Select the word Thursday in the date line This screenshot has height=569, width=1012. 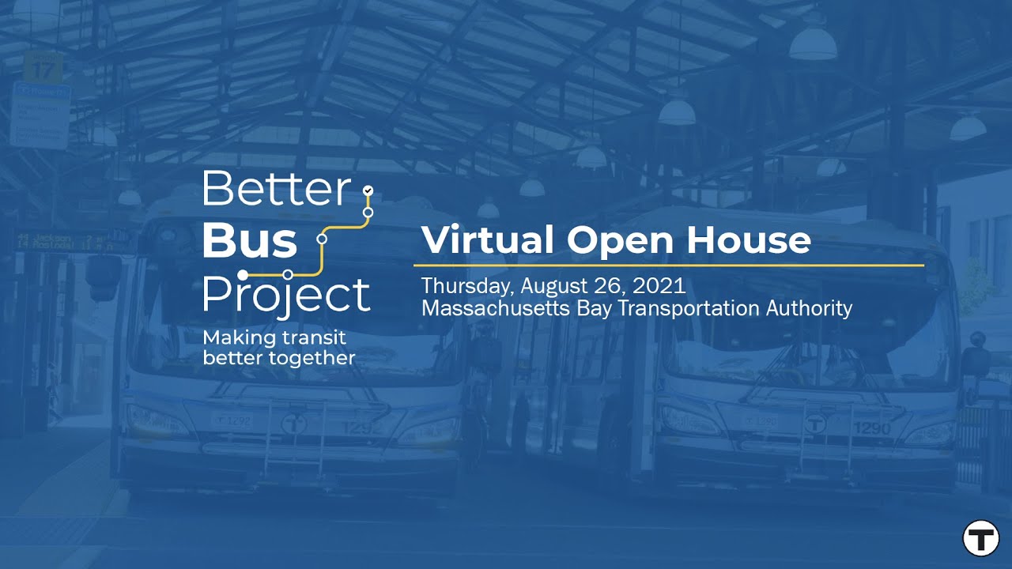467,285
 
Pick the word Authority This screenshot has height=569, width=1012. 809,307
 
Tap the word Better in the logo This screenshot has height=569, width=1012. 276,189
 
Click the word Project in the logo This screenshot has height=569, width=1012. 286,296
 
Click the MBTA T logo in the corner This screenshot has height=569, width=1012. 981,539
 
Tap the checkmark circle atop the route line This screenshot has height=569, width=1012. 367,190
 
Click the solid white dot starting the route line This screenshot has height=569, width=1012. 244,274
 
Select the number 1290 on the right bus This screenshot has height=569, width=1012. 871,428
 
